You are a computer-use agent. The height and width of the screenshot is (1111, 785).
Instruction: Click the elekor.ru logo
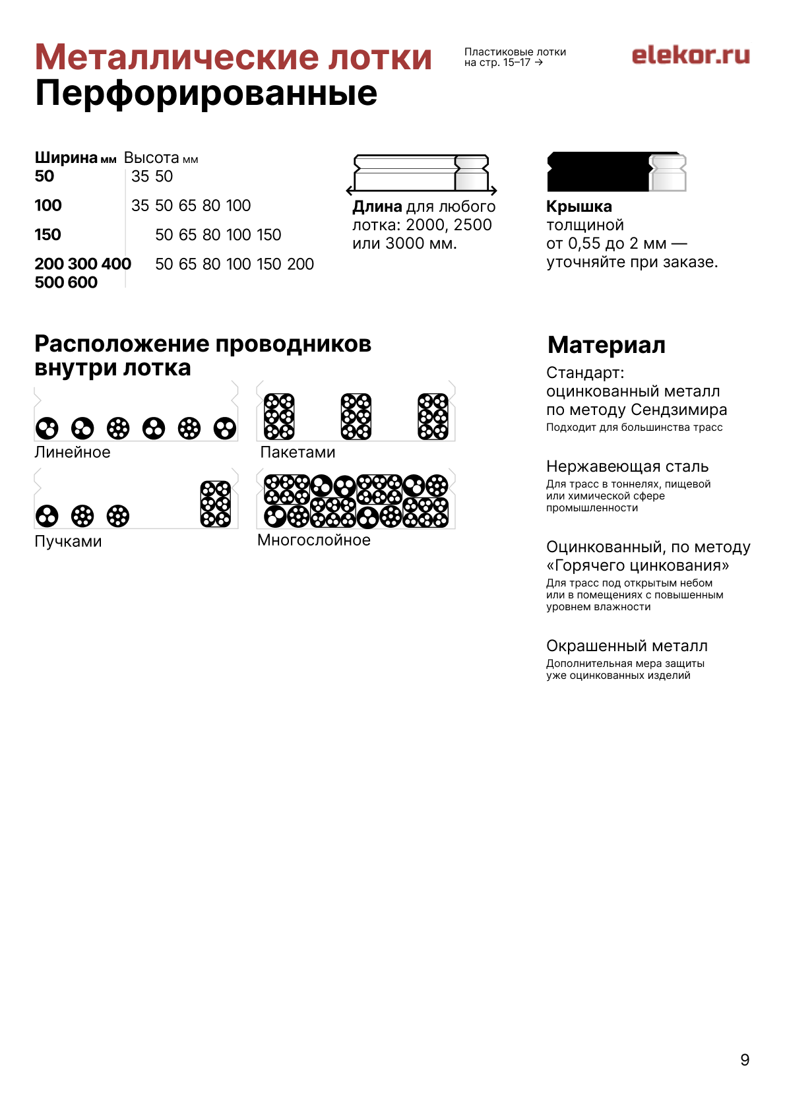(x=690, y=55)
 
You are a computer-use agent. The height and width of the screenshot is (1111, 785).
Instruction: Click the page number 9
(x=745, y=1060)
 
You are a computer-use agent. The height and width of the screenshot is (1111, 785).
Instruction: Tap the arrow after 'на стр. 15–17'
(x=539, y=63)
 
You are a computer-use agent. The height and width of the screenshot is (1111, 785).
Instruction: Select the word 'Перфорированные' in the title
(x=206, y=93)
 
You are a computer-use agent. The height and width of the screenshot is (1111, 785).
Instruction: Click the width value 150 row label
(x=47, y=235)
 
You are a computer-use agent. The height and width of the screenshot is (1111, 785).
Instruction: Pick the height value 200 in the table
(x=300, y=264)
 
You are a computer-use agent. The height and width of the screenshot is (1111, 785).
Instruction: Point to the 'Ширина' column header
(x=66, y=158)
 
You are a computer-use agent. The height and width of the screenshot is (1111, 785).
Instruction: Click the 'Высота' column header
(x=152, y=158)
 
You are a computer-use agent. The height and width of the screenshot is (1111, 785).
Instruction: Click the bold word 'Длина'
(x=377, y=206)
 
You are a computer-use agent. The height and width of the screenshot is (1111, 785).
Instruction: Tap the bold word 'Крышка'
(x=579, y=206)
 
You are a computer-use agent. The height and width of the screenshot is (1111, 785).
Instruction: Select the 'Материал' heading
(x=606, y=345)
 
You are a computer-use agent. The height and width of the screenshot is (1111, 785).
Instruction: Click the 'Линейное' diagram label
(x=73, y=453)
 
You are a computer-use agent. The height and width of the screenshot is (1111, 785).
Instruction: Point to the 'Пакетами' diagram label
(x=298, y=453)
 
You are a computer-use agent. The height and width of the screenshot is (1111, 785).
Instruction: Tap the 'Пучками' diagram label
(x=68, y=542)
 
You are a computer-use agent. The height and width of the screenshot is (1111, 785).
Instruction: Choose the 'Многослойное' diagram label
(x=314, y=540)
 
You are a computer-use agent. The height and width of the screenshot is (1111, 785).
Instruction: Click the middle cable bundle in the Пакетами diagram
(x=356, y=416)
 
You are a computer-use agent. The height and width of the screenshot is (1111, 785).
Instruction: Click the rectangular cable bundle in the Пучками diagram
(x=215, y=504)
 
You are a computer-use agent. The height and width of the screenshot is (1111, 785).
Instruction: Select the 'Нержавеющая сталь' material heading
(x=627, y=466)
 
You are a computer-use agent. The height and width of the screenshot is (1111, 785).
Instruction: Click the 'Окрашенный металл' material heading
(x=627, y=646)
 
